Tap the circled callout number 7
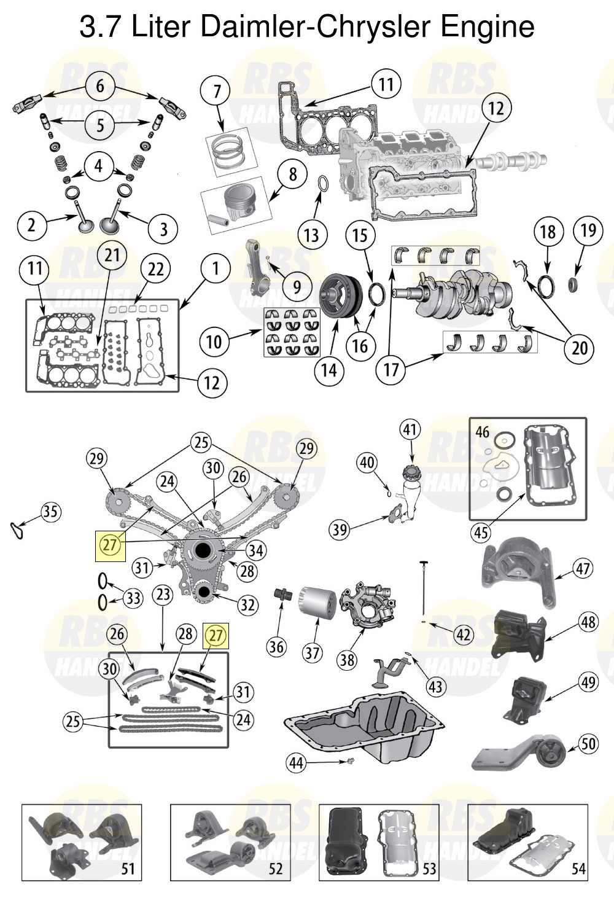click(217, 92)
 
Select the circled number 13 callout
click(311, 235)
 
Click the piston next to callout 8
click(232, 204)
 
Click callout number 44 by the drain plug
click(298, 763)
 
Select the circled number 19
click(588, 230)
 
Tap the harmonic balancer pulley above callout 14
click(341, 296)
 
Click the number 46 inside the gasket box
click(483, 432)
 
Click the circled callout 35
click(50, 512)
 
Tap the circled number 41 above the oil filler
click(410, 429)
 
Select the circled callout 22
click(156, 269)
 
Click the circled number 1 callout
click(216, 268)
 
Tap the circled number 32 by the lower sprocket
click(247, 604)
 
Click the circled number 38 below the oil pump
click(348, 658)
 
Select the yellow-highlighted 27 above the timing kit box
click(216, 636)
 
